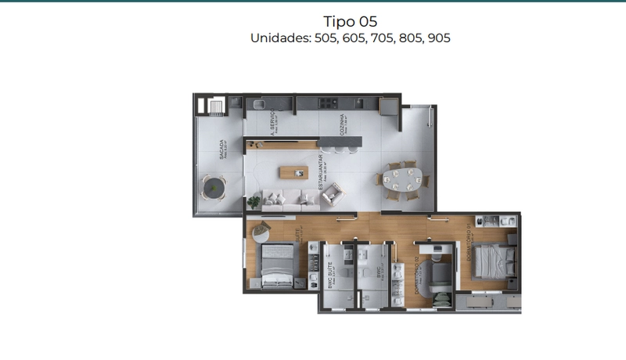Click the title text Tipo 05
[x=350, y=21]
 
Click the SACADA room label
[x=223, y=149]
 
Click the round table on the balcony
[x=213, y=186]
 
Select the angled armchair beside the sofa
[x=332, y=193]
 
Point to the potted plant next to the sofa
[x=254, y=202]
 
